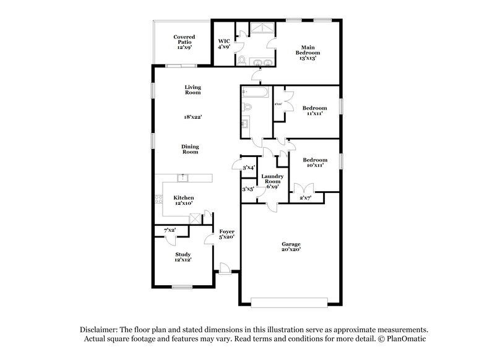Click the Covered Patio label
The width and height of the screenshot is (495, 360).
click(184, 41)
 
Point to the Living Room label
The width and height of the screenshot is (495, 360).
click(192, 90)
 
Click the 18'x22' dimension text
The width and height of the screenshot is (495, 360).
click(192, 116)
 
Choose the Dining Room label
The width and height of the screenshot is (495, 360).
click(189, 149)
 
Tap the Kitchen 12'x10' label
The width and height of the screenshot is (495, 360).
click(183, 200)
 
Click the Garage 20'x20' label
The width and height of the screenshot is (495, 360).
click(290, 246)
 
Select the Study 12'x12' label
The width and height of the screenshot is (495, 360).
click(183, 257)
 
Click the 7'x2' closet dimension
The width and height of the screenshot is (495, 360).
click(170, 230)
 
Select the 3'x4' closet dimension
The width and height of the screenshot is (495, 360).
click(249, 168)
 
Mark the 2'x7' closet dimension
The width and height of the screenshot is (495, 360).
click(306, 197)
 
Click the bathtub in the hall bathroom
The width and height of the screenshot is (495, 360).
click(255, 93)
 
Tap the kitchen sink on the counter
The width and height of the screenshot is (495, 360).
click(183, 178)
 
